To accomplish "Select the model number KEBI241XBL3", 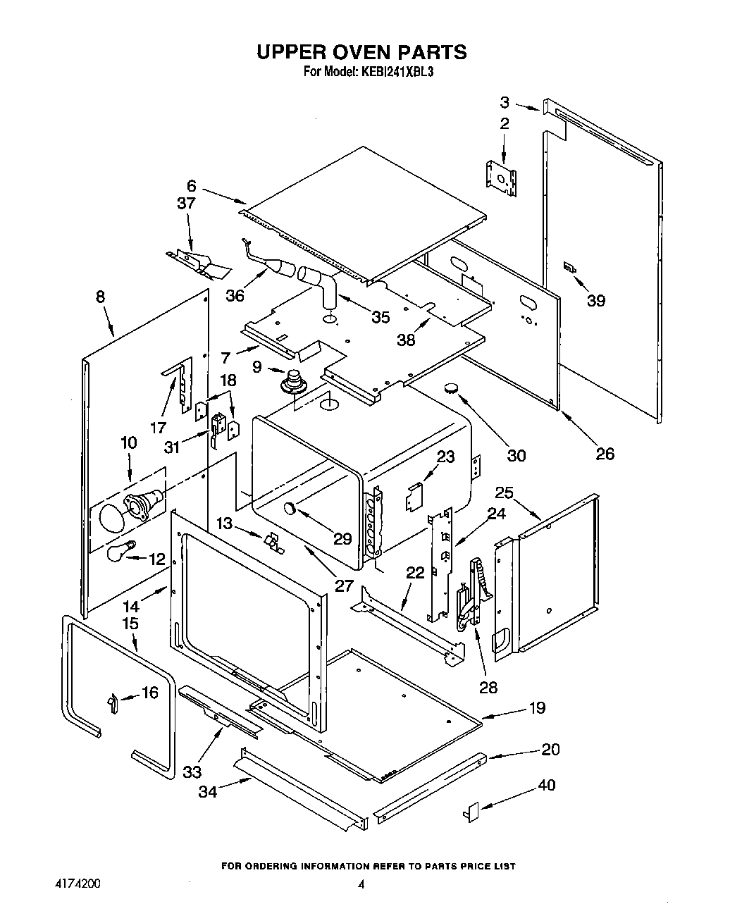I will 398,71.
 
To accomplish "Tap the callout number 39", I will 595,301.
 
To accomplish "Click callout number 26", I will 605,453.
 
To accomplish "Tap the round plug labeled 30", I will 449,388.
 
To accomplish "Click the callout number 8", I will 100,297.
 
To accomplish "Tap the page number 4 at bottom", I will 361,886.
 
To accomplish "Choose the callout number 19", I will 537,708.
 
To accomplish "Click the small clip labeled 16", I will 113,702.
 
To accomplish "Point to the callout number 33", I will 192,772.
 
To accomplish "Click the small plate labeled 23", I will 414,497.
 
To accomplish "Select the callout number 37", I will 185,204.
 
